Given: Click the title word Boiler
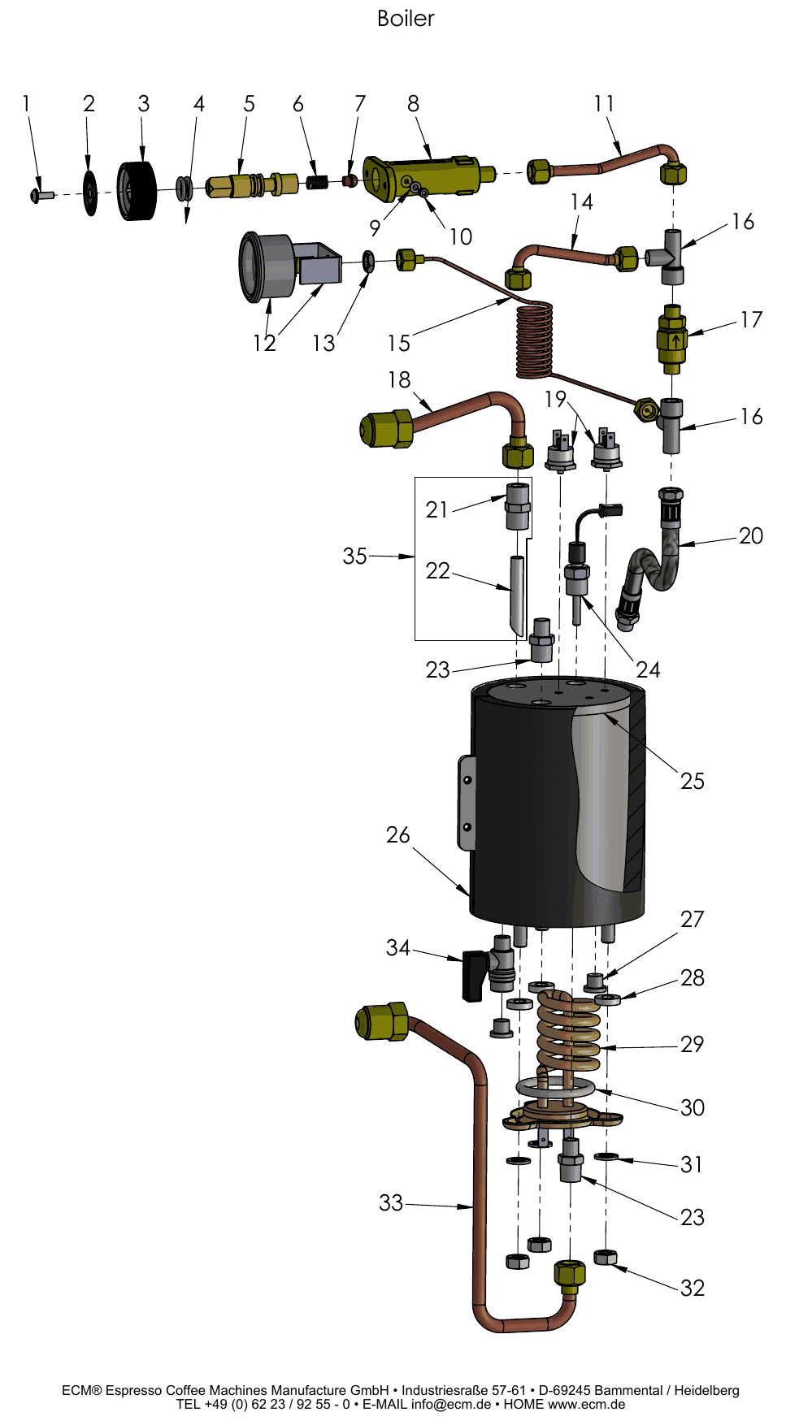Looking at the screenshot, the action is [x=406, y=19].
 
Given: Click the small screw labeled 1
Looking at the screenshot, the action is [x=41, y=195].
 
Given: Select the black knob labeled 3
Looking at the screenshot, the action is [x=136, y=192].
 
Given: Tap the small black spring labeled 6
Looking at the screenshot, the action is [x=317, y=182].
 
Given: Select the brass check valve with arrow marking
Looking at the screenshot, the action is [x=672, y=339].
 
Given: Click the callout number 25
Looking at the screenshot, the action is [x=693, y=781].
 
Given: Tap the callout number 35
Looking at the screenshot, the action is [x=354, y=556].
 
